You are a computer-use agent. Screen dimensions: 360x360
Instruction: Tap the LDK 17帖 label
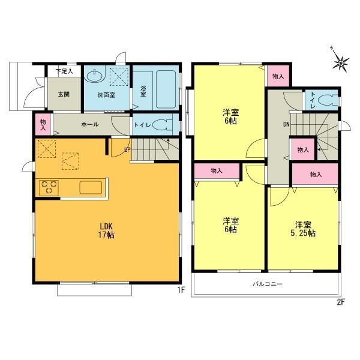click(x=107, y=230)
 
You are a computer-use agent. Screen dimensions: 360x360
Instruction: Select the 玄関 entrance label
click(x=64, y=94)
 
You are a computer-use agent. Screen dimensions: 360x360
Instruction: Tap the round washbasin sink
click(x=94, y=76)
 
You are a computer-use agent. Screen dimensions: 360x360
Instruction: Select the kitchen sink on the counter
click(x=91, y=187)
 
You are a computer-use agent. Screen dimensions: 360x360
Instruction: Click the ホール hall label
click(x=90, y=125)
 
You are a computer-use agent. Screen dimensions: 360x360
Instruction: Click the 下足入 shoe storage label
click(x=64, y=71)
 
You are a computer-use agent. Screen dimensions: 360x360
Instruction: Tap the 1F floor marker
click(x=179, y=290)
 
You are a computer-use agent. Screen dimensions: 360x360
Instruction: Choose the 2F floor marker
click(x=340, y=302)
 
